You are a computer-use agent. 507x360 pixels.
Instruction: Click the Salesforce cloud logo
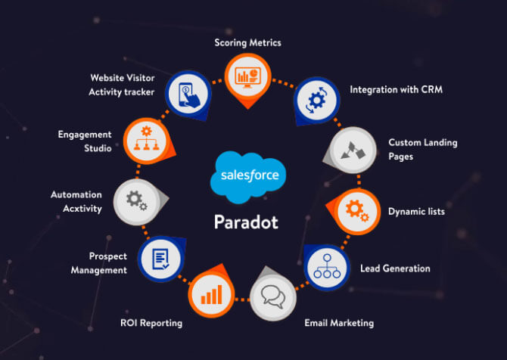tap(250, 175)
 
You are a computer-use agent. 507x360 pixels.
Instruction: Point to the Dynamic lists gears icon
tap(353, 208)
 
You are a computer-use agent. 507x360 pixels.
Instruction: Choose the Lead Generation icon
tap(328, 266)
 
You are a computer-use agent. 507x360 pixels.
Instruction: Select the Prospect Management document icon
tap(160, 257)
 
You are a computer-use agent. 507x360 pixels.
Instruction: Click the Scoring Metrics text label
tap(247, 42)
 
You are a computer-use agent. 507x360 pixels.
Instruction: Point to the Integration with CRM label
tap(396, 90)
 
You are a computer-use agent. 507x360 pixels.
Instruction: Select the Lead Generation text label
tap(395, 268)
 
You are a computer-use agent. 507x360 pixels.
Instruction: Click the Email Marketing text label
tap(339, 323)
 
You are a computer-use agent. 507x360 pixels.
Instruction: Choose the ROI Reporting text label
tap(151, 323)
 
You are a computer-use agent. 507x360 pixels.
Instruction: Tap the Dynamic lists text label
tap(416, 212)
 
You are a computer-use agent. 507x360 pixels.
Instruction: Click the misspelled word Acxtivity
tap(77, 208)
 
